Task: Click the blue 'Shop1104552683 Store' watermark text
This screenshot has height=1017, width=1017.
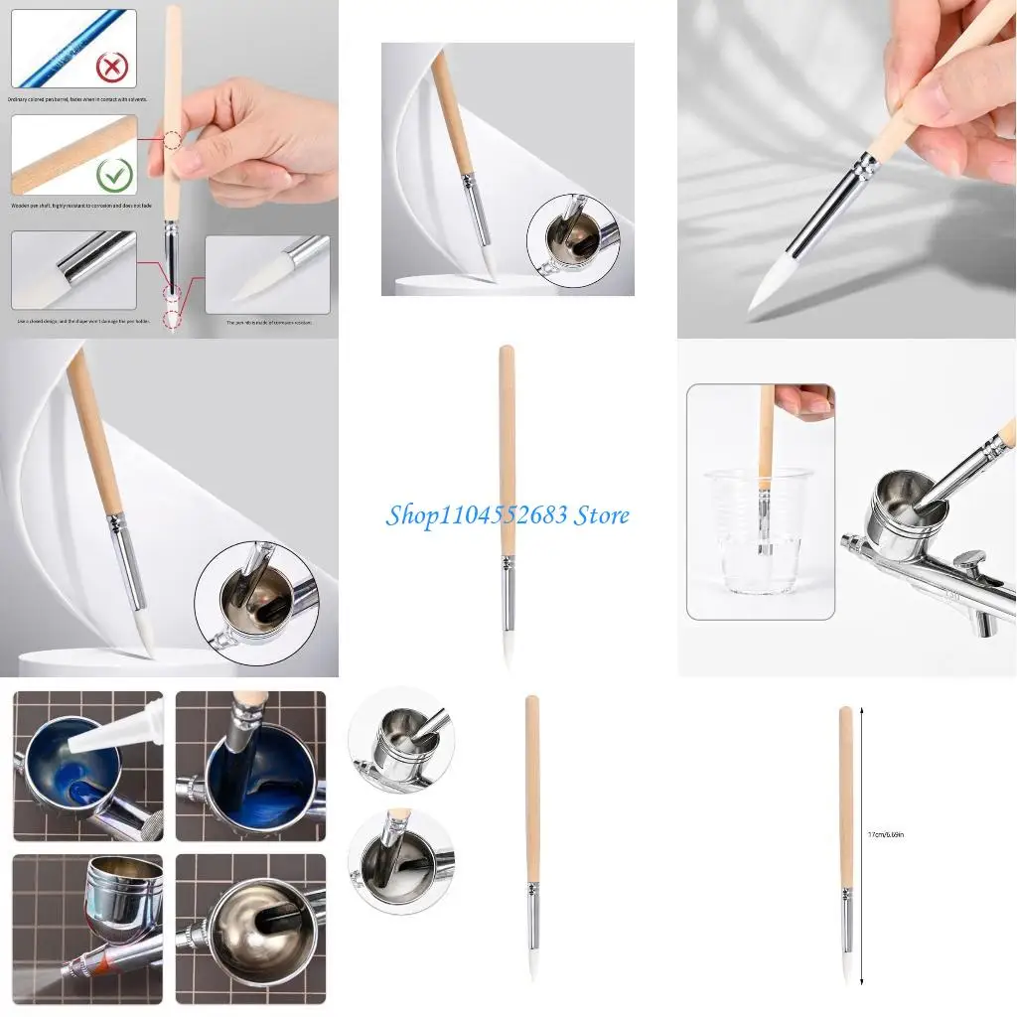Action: coord(508,515)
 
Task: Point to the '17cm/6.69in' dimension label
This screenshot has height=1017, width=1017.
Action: coord(884,835)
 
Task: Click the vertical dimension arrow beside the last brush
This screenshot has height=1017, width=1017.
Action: coord(861,844)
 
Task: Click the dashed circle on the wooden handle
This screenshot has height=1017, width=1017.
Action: coord(173,142)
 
